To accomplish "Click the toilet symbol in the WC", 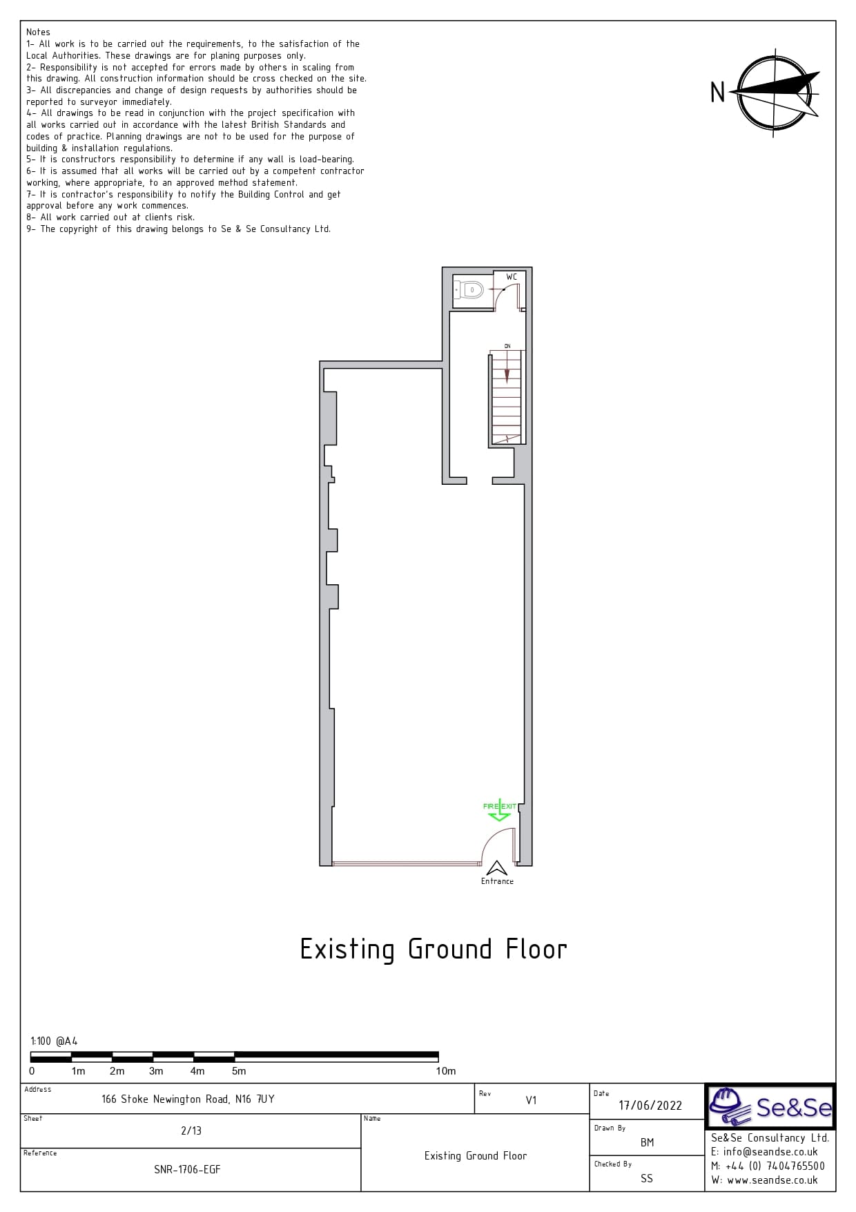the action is pyautogui.click(x=469, y=290).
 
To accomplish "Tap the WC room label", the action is pyautogui.click(x=512, y=277).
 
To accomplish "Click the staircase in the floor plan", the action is pyautogui.click(x=507, y=397).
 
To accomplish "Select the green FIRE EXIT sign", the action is pyautogui.click(x=500, y=809).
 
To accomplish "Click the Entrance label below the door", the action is pyautogui.click(x=497, y=881).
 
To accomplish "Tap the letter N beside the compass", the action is pyautogui.click(x=718, y=93).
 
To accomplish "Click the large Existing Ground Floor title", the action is pyautogui.click(x=434, y=950).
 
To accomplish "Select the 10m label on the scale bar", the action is pyautogui.click(x=446, y=1071).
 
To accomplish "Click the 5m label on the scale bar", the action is pyautogui.click(x=239, y=1071).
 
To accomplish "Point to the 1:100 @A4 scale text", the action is pyautogui.click(x=54, y=1041).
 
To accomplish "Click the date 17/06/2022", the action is pyautogui.click(x=650, y=1105).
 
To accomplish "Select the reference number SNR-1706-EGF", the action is pyautogui.click(x=187, y=1169).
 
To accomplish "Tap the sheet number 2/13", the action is pyautogui.click(x=191, y=1131).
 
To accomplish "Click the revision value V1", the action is pyautogui.click(x=531, y=1100).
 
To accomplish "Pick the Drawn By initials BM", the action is pyautogui.click(x=647, y=1142).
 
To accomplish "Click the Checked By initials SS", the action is pyautogui.click(x=647, y=1178).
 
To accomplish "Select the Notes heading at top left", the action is pyautogui.click(x=38, y=32).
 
